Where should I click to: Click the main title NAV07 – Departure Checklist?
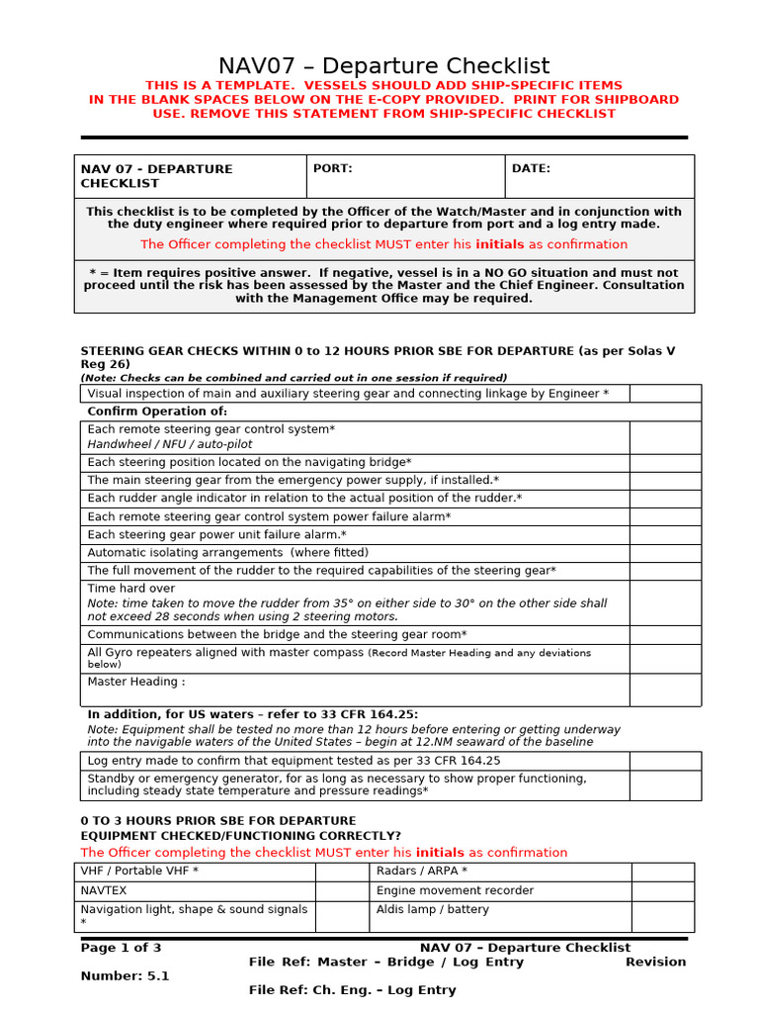coord(383,66)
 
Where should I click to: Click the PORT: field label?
coord(332,169)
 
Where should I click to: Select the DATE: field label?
coord(531,169)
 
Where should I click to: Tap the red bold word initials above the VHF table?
coord(439,853)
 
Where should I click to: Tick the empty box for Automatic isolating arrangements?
coord(665,553)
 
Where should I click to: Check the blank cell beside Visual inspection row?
coord(665,394)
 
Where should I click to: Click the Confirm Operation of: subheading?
coord(157,412)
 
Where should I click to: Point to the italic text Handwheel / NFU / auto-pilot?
coord(170,445)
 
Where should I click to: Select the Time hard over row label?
coord(131,589)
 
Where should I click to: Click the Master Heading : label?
coord(136,682)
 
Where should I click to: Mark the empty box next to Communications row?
coord(665,635)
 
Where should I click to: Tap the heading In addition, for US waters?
coord(252,714)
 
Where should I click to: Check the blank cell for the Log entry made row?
coord(665,761)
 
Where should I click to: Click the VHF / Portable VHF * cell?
coord(139,872)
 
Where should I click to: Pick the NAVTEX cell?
coord(104,890)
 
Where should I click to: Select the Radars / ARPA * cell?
coord(422,872)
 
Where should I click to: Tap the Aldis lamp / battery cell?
coord(433,910)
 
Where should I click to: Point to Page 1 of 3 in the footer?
coord(121,948)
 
